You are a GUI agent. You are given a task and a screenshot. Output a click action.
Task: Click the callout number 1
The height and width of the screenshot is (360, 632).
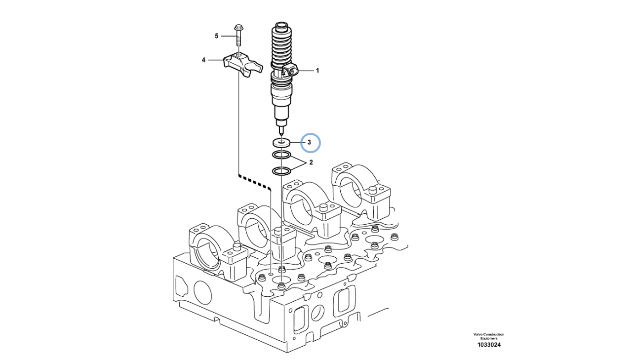317,71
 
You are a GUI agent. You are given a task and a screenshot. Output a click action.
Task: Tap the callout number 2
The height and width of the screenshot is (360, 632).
311,162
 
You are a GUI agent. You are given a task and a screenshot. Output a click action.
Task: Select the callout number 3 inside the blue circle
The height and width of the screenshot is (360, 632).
309,143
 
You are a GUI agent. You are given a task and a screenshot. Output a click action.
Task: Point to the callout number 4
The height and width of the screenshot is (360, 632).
203,60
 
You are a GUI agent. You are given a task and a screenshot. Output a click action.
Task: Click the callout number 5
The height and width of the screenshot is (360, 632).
217,36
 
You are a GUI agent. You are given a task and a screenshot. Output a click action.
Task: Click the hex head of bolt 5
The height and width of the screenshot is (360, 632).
238,28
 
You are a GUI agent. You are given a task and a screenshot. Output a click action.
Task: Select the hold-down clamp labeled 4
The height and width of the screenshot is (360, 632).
243,66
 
